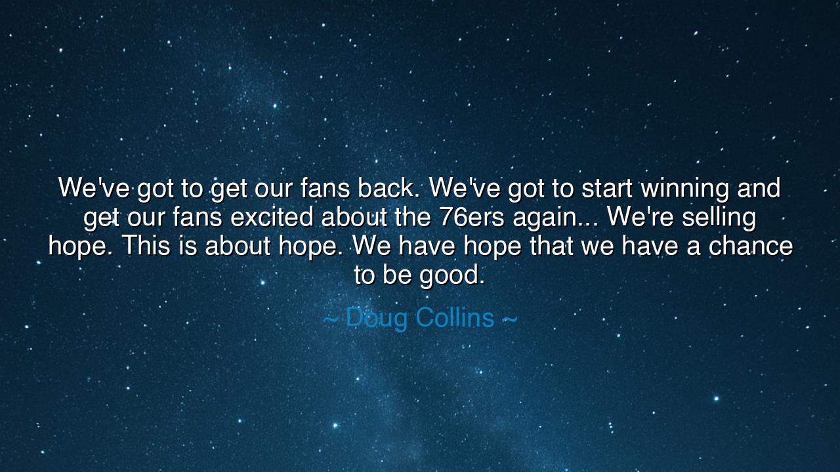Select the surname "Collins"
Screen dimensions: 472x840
[x=455, y=317]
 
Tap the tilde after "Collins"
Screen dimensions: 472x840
[x=509, y=319]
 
